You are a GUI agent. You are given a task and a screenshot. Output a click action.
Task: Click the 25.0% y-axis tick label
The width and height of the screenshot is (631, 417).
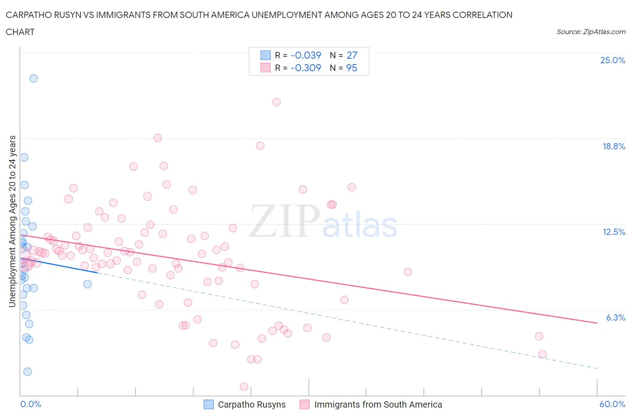[x=613, y=61]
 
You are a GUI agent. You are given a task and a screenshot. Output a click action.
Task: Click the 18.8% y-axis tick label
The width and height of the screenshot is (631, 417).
[x=613, y=146]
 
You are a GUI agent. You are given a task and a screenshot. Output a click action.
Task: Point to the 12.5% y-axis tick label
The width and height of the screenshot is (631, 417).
[x=613, y=232]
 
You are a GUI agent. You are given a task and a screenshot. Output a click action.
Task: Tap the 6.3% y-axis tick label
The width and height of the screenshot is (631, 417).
[x=615, y=317]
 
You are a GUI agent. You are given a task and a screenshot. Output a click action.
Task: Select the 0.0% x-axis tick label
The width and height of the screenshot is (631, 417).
[x=31, y=404]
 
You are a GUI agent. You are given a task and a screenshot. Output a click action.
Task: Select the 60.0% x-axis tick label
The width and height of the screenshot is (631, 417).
[x=612, y=404]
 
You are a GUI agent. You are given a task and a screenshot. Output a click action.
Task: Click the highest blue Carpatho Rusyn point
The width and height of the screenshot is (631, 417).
[x=34, y=78]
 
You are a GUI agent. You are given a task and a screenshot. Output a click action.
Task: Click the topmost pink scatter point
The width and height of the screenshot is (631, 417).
[x=276, y=102]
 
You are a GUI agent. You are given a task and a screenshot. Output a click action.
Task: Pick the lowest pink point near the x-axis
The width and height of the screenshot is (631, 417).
[x=244, y=387]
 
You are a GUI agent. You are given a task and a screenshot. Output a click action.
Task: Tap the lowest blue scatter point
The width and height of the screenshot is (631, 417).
[x=27, y=371]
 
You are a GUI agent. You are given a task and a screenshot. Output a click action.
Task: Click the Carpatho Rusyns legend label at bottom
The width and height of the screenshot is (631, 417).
[x=251, y=404]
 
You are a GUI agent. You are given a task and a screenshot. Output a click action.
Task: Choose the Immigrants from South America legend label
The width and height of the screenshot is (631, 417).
[x=378, y=404]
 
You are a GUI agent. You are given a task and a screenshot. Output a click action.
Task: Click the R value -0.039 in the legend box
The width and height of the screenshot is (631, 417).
[x=306, y=55]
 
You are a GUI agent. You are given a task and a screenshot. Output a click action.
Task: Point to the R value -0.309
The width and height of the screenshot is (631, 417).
[x=306, y=68]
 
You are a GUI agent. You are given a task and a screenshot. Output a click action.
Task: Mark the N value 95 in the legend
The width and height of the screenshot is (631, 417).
[x=351, y=68]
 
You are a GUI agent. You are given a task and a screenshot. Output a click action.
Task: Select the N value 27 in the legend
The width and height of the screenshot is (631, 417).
[x=351, y=55]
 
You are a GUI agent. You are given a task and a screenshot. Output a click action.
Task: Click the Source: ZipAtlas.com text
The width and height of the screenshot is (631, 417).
[x=591, y=32]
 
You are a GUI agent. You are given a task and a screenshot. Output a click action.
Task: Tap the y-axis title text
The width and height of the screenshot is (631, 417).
[x=12, y=221]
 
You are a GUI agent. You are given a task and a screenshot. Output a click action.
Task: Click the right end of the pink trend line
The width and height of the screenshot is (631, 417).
[x=597, y=323]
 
